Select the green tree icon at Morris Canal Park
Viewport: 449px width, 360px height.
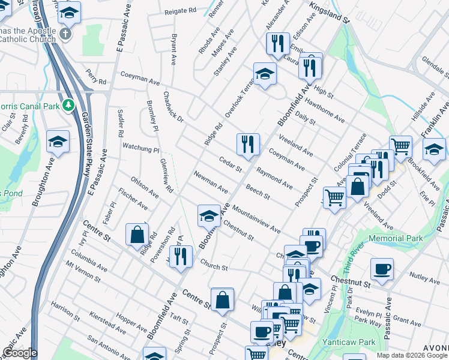[x=69, y=106]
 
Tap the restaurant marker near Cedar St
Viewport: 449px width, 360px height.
[x=248, y=144]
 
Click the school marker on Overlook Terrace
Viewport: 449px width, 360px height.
[x=264, y=74]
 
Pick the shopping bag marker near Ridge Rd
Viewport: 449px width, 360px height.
[x=137, y=234]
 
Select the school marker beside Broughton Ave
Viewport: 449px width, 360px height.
[x=58, y=142]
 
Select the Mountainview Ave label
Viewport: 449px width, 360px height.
[x=256, y=220]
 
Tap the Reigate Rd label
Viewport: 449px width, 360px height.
[x=180, y=11]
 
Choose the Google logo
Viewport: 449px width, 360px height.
[x=20, y=353]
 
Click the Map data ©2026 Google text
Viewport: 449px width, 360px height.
[x=411, y=355]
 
